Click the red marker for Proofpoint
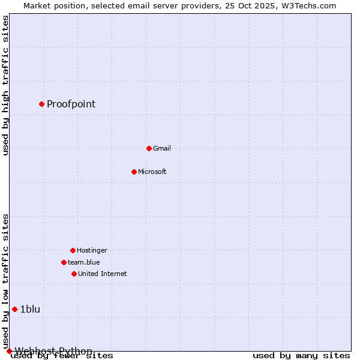pyautogui.click(x=41, y=104)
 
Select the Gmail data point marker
pyautogui.click(x=149, y=148)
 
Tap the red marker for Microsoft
pyautogui.click(x=134, y=172)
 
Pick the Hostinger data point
pyautogui.click(x=73, y=250)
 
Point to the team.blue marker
pyautogui.click(x=64, y=262)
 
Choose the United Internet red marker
pyautogui.click(x=74, y=274)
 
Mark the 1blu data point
pyautogui.click(x=14, y=309)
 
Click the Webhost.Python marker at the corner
pyautogui.click(x=9, y=351)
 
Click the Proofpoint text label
pyautogui.click(x=71, y=104)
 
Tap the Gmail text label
pyautogui.click(x=162, y=148)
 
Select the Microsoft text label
pyautogui.click(x=152, y=172)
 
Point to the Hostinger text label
pyautogui.click(x=92, y=250)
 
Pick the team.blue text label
pyautogui.click(x=84, y=262)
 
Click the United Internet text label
pyautogui.click(x=102, y=274)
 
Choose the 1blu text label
pyautogui.click(x=30, y=309)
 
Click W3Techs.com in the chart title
pyautogui.click(x=309, y=5)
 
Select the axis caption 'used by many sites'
pyautogui.click(x=301, y=356)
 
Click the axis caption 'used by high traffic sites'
pyautogui.click(x=6, y=85)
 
